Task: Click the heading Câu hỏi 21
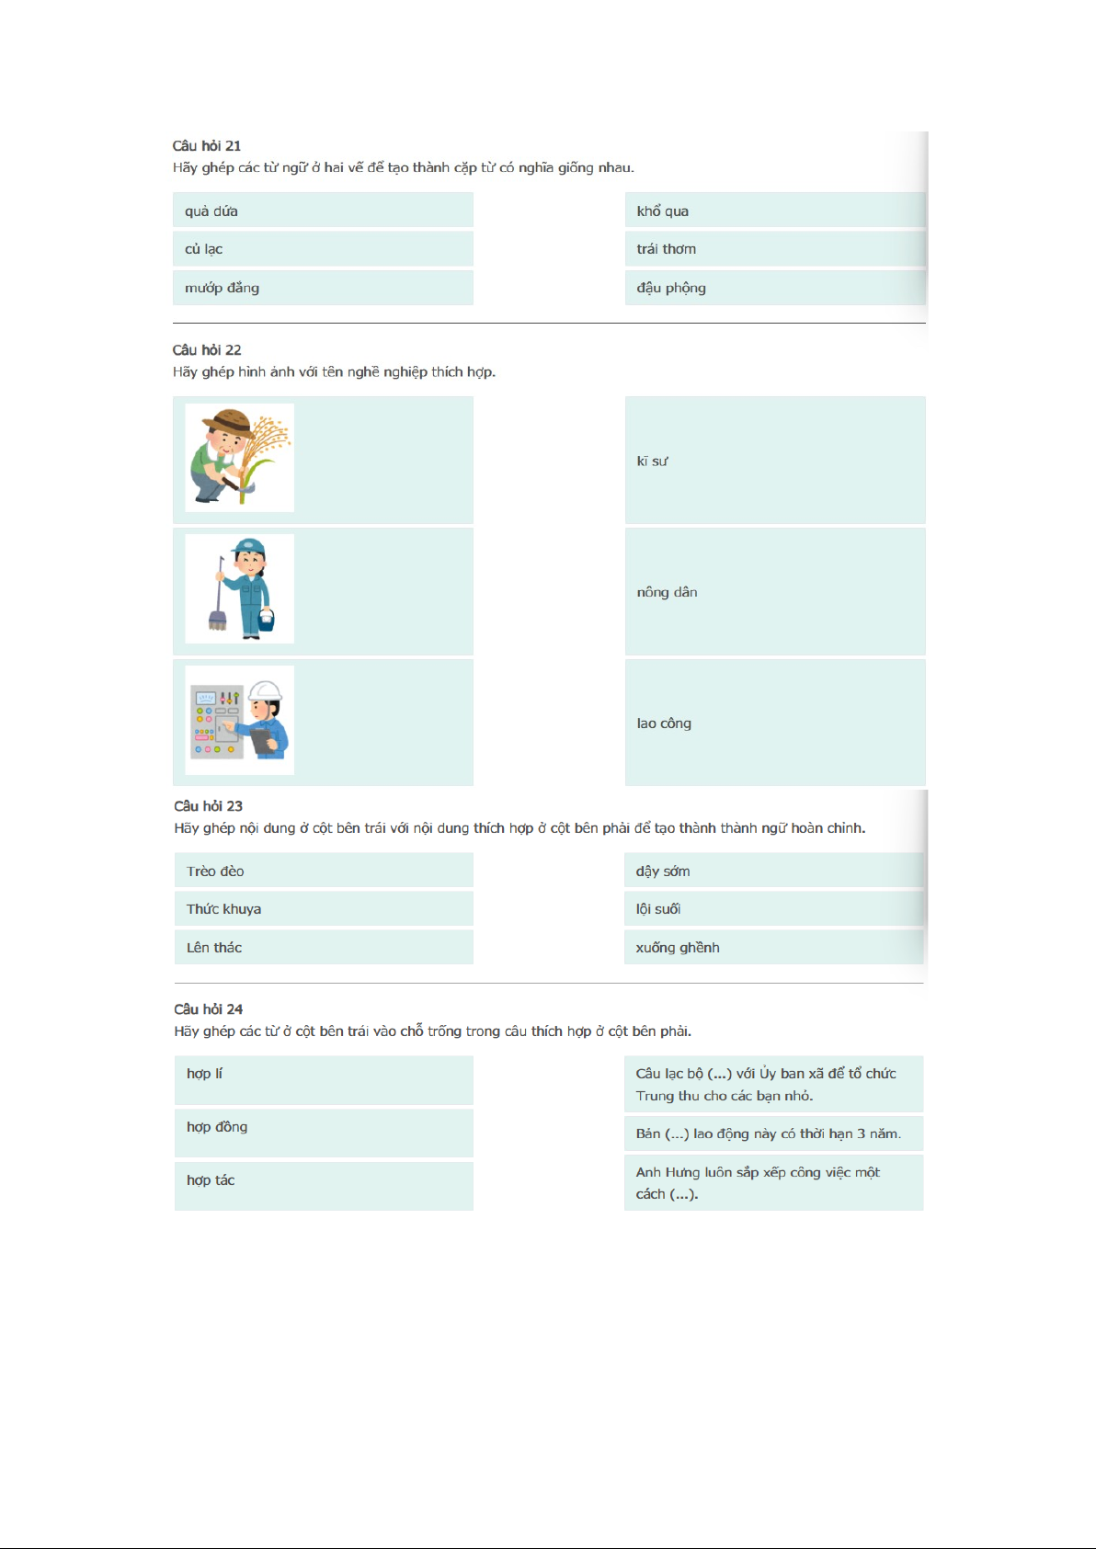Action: [207, 146]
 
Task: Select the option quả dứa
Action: [211, 211]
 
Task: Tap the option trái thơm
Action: [667, 249]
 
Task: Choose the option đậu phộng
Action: [671, 288]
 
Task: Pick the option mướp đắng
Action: [222, 288]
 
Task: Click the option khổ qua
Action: [663, 211]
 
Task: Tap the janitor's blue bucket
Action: [267, 620]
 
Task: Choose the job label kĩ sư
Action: [653, 461]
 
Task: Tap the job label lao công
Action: [664, 723]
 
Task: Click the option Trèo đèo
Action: [215, 871]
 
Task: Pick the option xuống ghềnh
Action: [678, 948]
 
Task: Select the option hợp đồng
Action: [217, 1127]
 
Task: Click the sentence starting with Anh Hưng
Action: [758, 1182]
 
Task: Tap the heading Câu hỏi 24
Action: [209, 1009]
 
